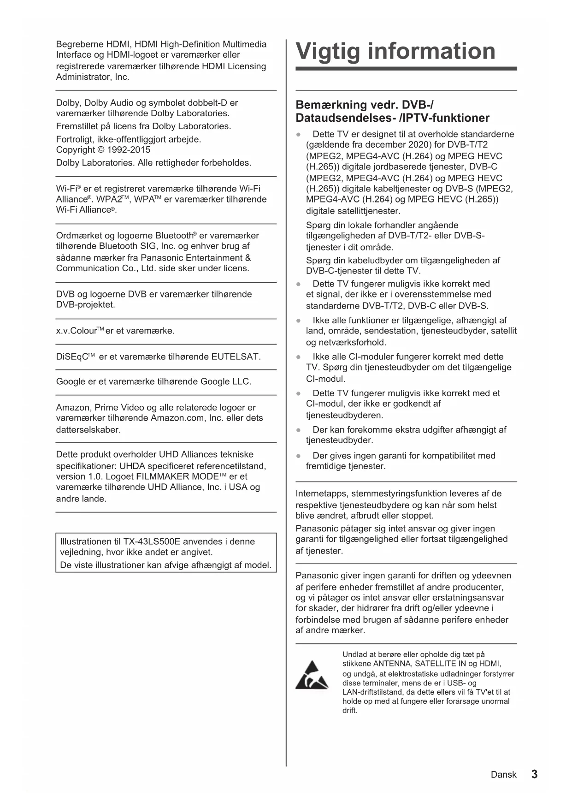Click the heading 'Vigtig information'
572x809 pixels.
click(395, 51)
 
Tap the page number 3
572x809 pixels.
click(534, 774)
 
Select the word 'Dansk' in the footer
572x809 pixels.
click(503, 774)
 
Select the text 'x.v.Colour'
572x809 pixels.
click(77, 331)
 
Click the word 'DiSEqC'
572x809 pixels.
click(72, 357)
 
